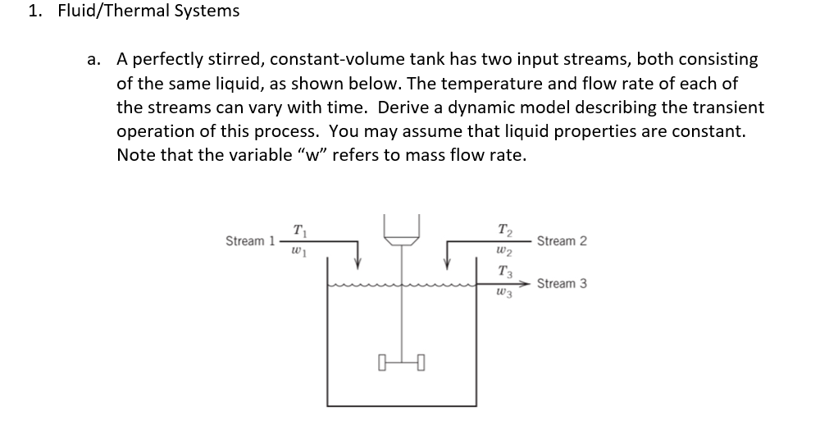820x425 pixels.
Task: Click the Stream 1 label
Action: [250, 241]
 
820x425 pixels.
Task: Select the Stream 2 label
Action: [563, 241]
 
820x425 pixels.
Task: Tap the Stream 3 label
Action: [563, 284]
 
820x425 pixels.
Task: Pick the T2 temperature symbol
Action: [506, 230]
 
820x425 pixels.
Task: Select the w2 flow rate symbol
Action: [506, 252]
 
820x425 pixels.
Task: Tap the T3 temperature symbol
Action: [506, 272]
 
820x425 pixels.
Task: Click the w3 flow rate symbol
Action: [506, 294]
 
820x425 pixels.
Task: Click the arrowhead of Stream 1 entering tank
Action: [358, 264]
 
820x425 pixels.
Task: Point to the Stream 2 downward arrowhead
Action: [447, 264]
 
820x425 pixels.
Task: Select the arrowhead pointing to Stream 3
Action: [525, 284]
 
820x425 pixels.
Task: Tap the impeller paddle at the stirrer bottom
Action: [401, 362]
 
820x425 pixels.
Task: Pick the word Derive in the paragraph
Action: [401, 107]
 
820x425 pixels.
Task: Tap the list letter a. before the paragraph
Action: [94, 60]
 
